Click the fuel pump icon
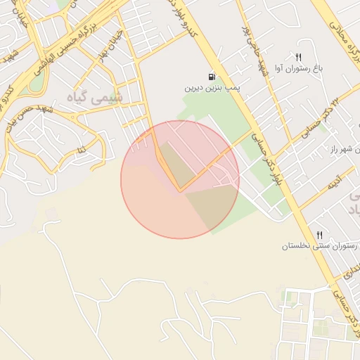pyautogui.click(x=211, y=77)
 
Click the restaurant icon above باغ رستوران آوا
pyautogui.click(x=299, y=57)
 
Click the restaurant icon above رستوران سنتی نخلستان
pyautogui.click(x=320, y=235)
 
